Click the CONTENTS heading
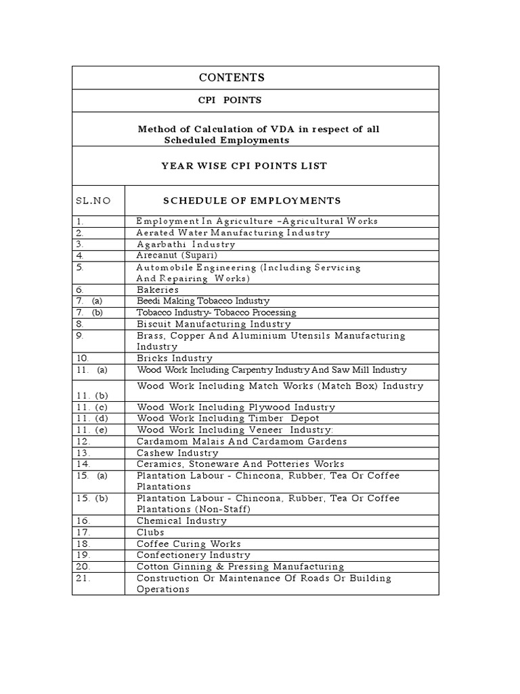tap(231, 78)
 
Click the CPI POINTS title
tap(230, 100)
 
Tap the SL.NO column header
tap(92, 201)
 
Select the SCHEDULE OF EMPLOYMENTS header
tap(252, 201)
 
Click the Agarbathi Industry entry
tap(186, 244)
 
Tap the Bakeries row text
tap(158, 289)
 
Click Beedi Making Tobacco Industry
tap(203, 301)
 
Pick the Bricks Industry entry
tap(175, 358)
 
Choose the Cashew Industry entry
tap(177, 453)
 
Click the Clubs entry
tap(150, 532)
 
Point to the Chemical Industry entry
tap(181, 520)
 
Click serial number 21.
tap(83, 578)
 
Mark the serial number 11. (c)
tap(92, 407)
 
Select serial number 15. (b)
tap(92, 498)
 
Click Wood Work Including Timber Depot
tap(228, 419)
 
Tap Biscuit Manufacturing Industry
tap(204, 324)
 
